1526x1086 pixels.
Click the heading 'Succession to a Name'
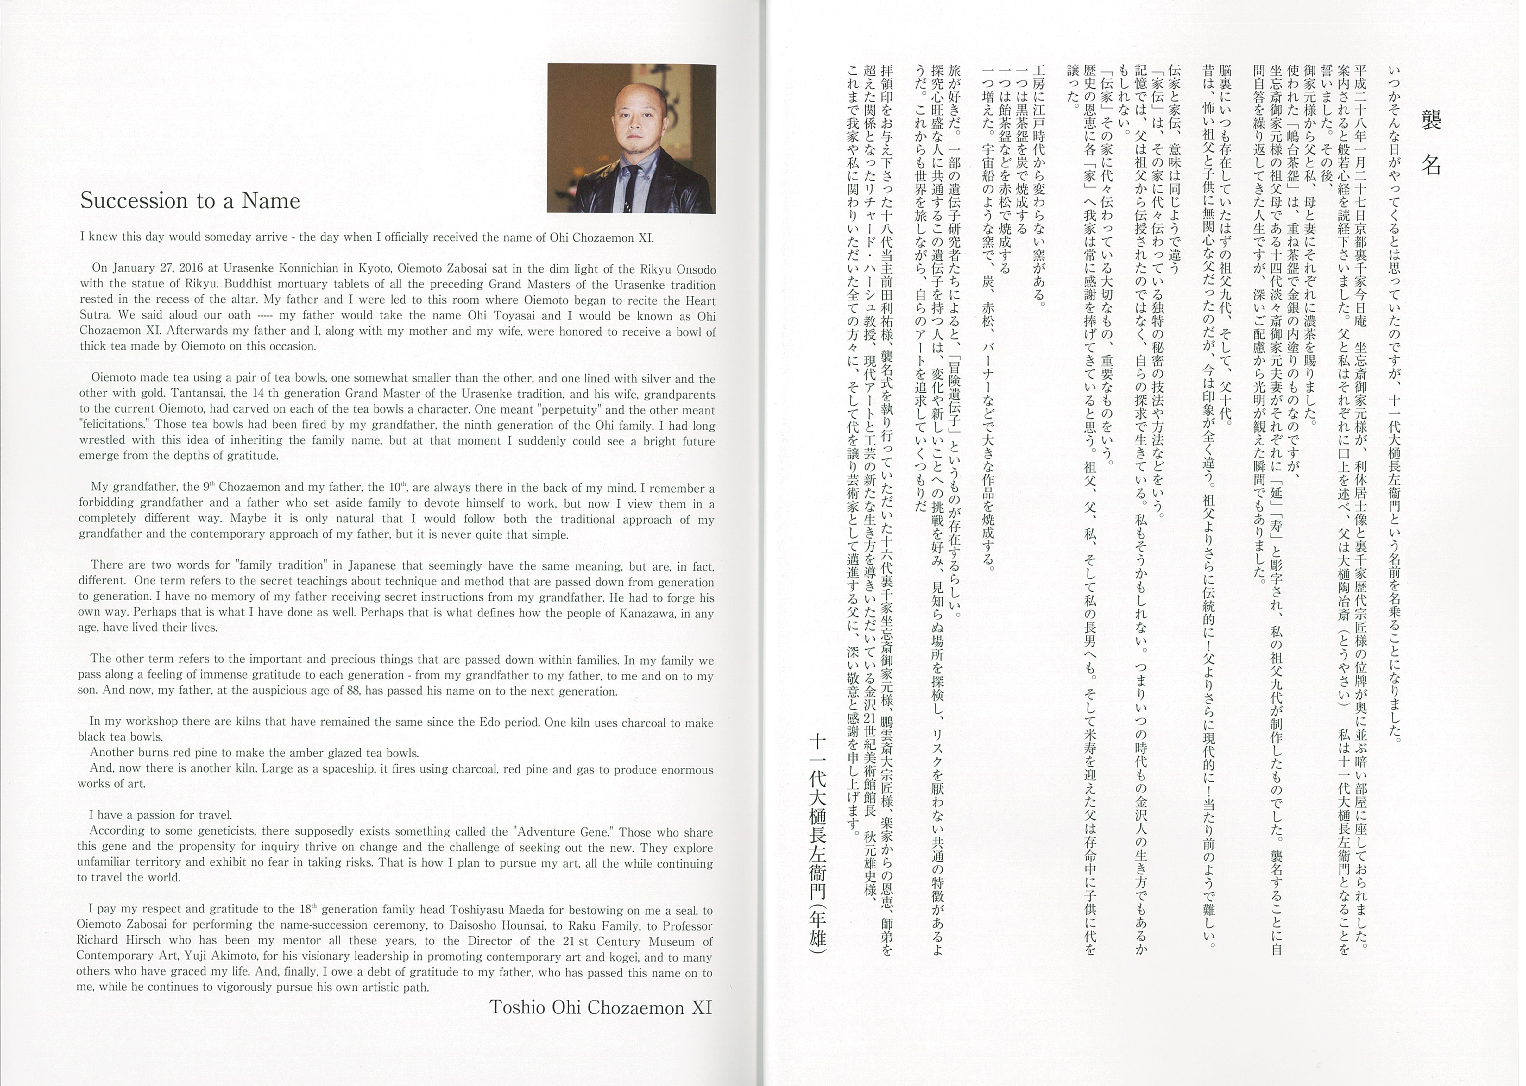(x=190, y=201)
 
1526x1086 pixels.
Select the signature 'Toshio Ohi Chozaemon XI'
(x=601, y=1008)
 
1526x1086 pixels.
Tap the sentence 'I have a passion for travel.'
(x=161, y=815)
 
